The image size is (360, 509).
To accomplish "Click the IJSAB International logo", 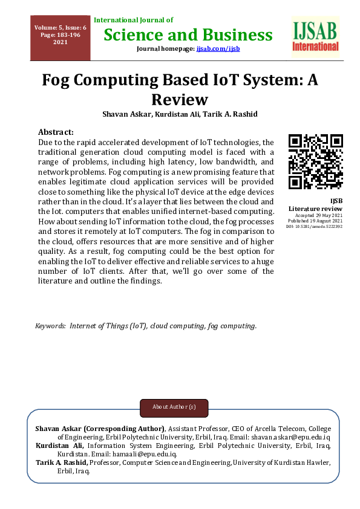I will click(315, 37).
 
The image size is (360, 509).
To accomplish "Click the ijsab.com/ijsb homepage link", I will click(218, 48).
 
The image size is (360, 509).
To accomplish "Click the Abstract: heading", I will click(56, 132).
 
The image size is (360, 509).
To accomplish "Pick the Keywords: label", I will click(51, 326).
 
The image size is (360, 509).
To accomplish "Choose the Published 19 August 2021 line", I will click(315, 221).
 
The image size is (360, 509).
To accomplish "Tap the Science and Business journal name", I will click(188, 34).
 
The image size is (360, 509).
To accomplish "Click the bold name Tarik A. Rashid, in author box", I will click(62, 462).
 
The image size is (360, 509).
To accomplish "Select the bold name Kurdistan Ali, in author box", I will click(59, 446).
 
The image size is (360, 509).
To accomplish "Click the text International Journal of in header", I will click(133, 20).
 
